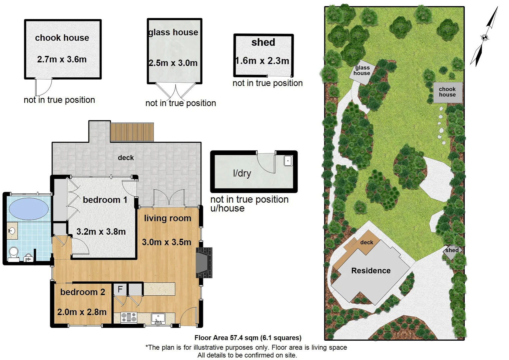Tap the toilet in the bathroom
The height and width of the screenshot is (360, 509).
point(14,253)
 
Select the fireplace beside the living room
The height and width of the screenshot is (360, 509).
point(203,263)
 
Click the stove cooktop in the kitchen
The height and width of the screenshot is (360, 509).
point(129,317)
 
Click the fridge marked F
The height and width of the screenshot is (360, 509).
point(120,289)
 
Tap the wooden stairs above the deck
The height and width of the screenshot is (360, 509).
point(132,132)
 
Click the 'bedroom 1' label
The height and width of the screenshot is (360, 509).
point(105,200)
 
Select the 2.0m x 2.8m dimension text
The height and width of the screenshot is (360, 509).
point(82,312)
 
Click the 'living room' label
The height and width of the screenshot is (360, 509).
point(168,218)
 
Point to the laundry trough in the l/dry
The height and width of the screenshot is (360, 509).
point(288,161)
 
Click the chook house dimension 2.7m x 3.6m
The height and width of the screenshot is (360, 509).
point(62,59)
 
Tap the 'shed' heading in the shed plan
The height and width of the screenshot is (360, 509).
point(263,42)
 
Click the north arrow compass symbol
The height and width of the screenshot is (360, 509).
point(485,37)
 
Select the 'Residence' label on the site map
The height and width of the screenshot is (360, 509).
point(371,271)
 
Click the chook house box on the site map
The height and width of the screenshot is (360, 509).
point(448,92)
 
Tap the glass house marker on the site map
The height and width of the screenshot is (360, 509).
point(362,71)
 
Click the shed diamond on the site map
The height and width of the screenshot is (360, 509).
point(452,251)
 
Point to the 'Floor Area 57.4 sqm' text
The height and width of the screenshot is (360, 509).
point(248,338)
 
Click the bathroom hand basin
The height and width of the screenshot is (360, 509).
point(12,230)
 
